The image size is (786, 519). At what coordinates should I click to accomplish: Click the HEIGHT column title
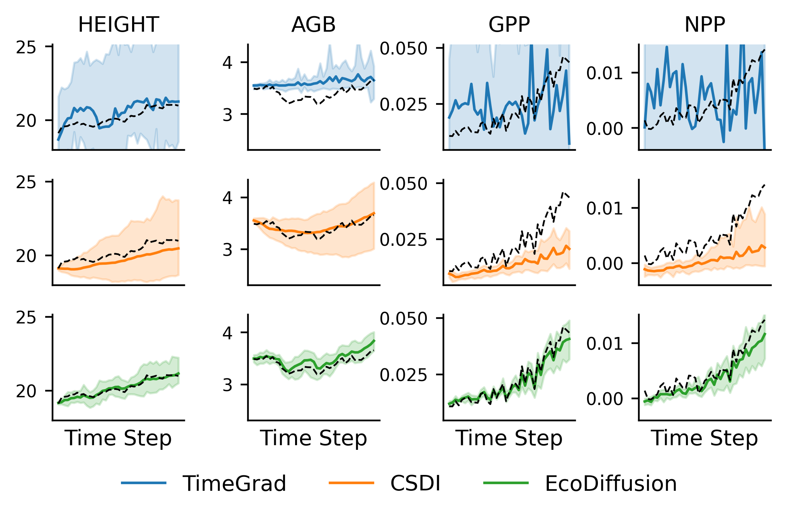(118, 25)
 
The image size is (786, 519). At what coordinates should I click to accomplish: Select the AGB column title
(313, 25)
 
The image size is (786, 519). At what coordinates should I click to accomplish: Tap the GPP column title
(509, 25)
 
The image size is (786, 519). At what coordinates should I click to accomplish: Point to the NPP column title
(705, 25)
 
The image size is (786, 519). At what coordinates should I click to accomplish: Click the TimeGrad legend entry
(234, 483)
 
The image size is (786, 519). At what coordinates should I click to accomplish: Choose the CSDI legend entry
(415, 483)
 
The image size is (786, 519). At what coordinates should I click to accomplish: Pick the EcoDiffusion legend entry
(611, 483)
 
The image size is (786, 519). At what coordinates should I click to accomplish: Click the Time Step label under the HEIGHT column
(118, 438)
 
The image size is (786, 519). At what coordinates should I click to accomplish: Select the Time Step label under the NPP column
(705, 438)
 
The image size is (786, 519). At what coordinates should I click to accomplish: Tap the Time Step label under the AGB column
(313, 438)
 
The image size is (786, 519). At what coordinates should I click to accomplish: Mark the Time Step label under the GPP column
(509, 438)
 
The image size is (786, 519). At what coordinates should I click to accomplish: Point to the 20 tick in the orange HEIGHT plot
(26, 256)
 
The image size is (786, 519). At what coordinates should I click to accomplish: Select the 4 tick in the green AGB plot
(227, 333)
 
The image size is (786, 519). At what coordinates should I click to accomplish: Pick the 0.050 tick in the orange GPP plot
(403, 184)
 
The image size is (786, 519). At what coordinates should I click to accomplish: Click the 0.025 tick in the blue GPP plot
(403, 104)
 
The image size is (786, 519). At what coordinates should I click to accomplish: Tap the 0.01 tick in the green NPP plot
(604, 343)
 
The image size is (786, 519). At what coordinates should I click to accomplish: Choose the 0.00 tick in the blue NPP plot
(604, 128)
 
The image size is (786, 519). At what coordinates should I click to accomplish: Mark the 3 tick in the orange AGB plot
(227, 250)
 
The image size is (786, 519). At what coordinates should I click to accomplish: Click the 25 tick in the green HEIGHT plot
(26, 317)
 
